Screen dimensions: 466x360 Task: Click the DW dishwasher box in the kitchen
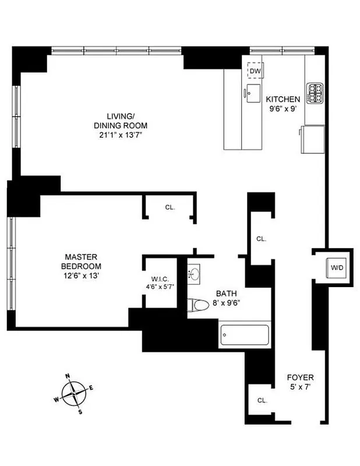tap(255, 71)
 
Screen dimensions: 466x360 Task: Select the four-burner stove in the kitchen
tap(315, 92)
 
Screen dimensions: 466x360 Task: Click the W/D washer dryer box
tap(337, 268)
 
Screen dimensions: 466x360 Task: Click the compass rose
tap(75, 393)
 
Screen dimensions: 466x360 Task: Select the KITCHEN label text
tap(283, 100)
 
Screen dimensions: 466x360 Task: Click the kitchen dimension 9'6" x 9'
tap(283, 108)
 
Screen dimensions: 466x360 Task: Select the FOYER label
tap(301, 377)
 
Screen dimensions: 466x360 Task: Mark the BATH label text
tap(226, 294)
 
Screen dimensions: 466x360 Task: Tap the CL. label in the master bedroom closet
tap(170, 207)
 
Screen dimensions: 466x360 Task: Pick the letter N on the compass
tap(68, 376)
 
